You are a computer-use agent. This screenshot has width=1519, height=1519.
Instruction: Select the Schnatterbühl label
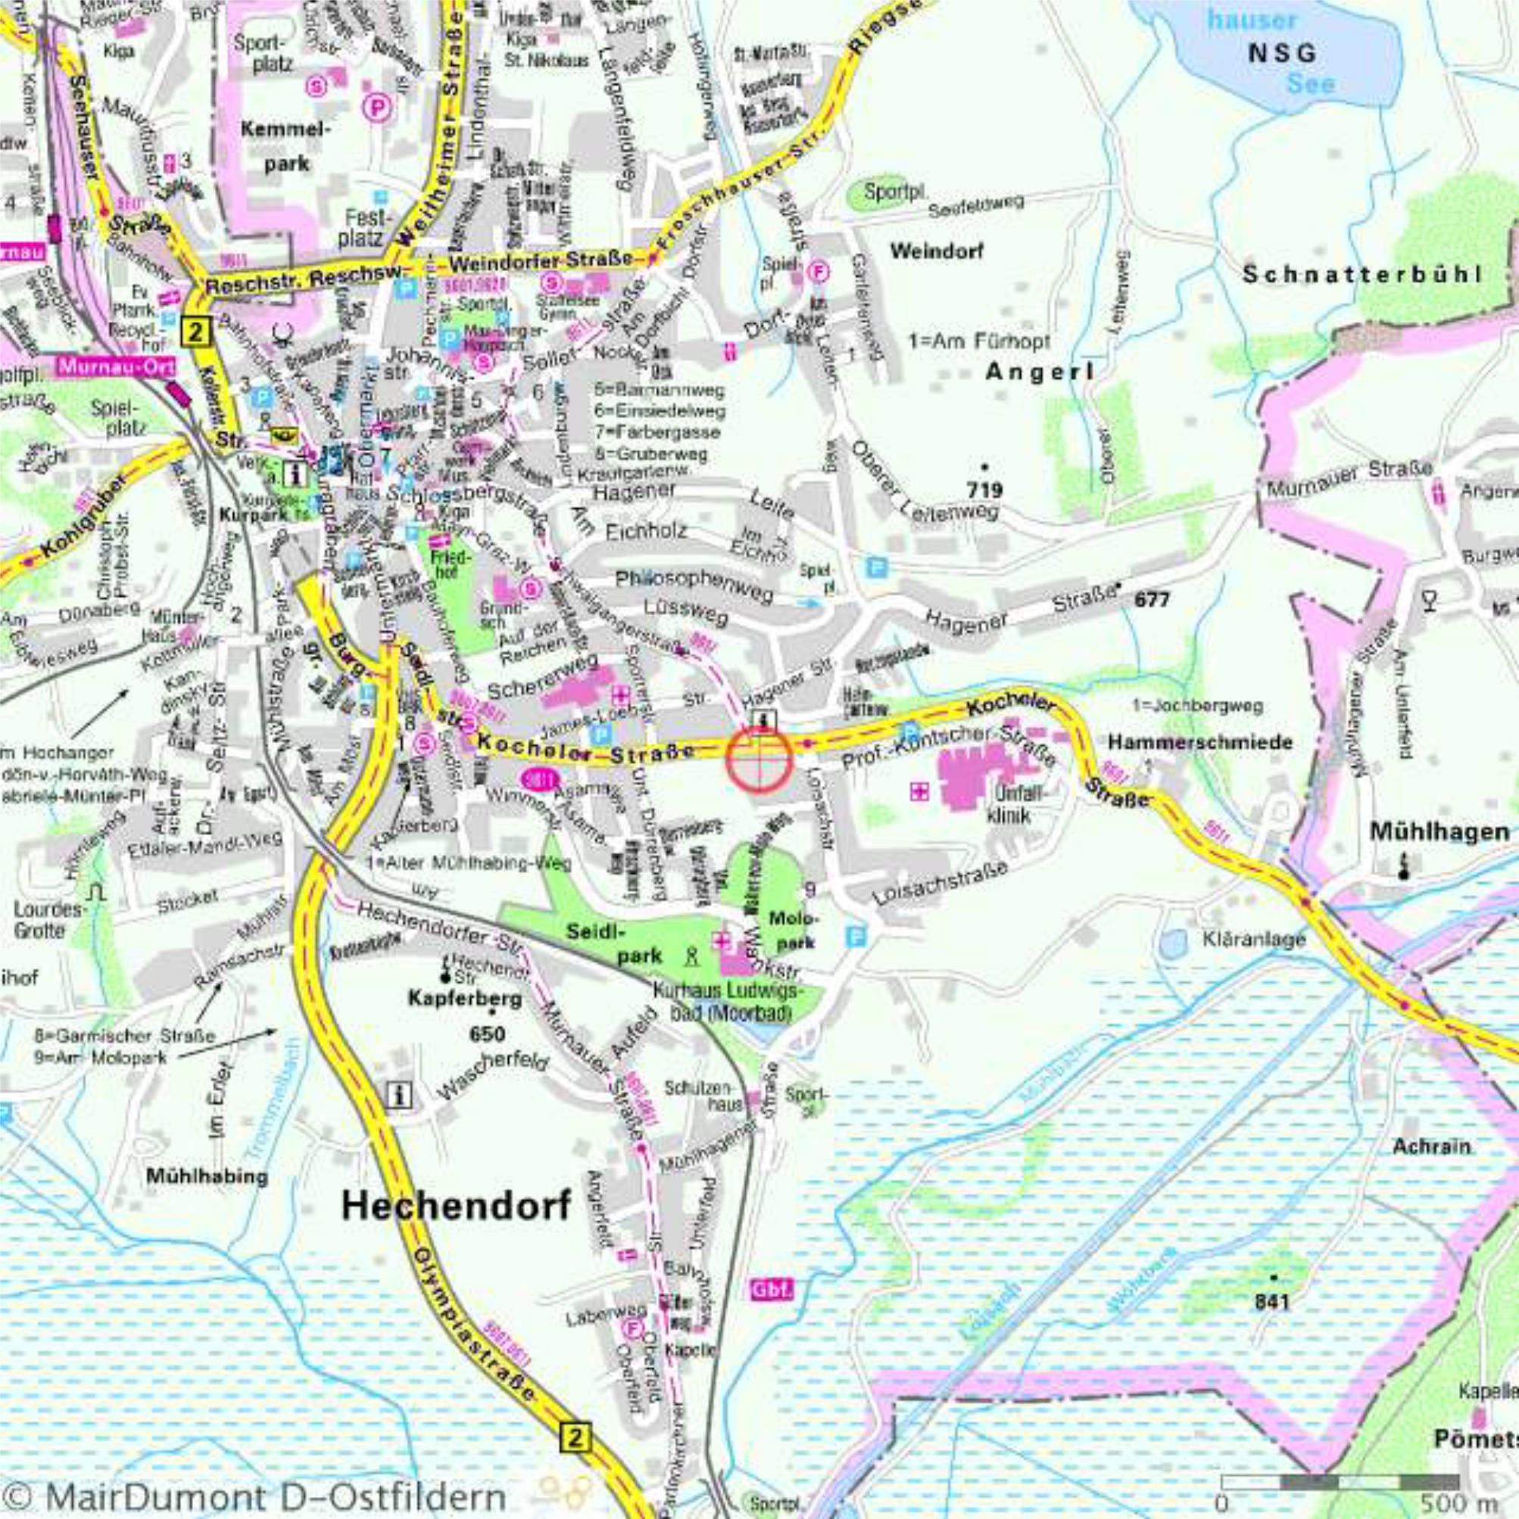coord(1361,274)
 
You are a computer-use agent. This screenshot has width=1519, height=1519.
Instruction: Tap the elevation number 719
coord(984,490)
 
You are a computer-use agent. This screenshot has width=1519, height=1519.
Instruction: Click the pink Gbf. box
coord(772,1290)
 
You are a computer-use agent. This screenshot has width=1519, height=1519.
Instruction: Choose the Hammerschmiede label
coord(1199,741)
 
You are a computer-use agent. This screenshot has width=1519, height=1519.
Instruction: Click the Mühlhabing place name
coord(207,1177)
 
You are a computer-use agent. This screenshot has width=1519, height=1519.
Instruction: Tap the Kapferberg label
coord(465,999)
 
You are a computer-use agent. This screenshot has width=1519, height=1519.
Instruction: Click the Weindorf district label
coord(937,251)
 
